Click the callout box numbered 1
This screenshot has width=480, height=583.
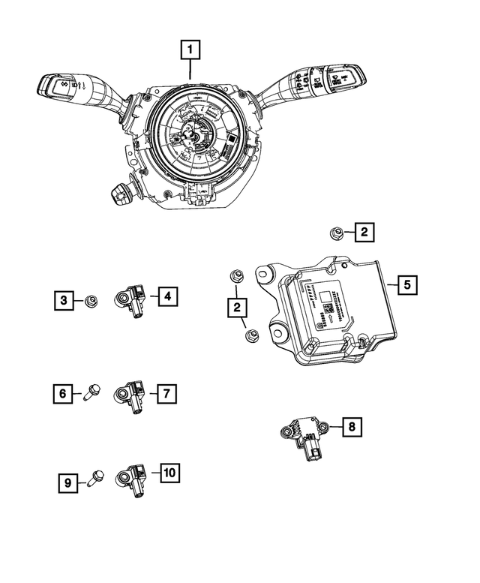(191, 51)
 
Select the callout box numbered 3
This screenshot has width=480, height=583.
(64, 301)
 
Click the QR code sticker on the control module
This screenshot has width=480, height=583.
(328, 308)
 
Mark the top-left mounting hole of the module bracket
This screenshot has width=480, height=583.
(265, 275)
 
